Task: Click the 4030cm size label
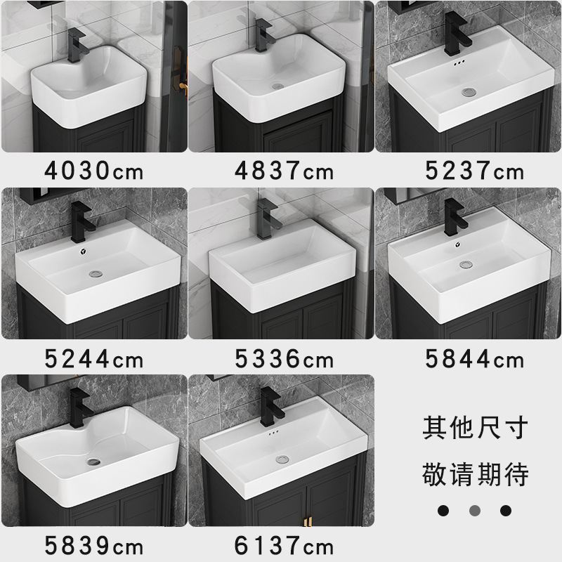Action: click(94, 171)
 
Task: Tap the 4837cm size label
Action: click(284, 171)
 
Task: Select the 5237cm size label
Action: click(474, 171)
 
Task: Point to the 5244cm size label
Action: click(94, 360)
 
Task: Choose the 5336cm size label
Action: click(284, 360)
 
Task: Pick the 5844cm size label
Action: click(474, 360)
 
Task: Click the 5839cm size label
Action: click(94, 546)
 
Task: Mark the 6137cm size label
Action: click(284, 546)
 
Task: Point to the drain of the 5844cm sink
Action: click(466, 265)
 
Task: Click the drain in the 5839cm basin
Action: click(92, 462)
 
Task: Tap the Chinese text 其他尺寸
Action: click(474, 428)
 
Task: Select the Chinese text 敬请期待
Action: click(474, 474)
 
